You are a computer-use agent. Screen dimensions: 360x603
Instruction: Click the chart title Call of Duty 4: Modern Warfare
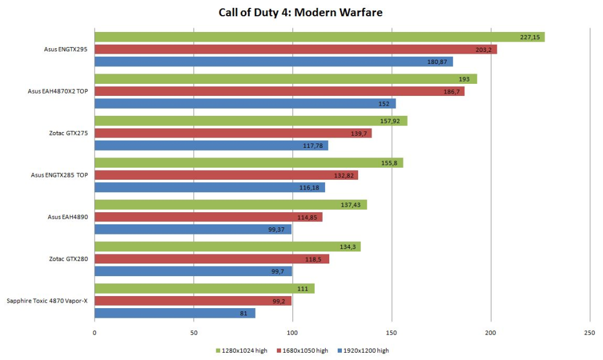300,11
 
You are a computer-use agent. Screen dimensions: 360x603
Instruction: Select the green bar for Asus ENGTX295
320,37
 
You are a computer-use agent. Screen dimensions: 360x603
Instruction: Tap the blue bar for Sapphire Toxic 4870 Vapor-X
175,313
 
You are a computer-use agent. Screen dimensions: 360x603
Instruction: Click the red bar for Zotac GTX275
233,133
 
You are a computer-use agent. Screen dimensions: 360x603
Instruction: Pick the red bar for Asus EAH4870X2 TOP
279,91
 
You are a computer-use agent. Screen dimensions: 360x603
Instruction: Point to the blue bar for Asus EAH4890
193,229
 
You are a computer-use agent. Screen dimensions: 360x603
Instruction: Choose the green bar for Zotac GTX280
227,247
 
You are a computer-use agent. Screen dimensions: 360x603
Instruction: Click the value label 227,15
529,37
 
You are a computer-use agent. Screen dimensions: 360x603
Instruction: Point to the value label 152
384,104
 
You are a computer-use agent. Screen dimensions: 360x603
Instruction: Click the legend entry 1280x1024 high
241,350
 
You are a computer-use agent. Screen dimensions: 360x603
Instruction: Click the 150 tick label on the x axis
392,332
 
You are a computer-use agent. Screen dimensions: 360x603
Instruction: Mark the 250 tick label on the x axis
590,332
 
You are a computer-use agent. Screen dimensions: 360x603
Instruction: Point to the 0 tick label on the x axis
95,332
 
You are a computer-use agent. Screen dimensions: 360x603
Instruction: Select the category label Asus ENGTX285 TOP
59,175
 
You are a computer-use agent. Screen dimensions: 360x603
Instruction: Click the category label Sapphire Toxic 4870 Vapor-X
47,300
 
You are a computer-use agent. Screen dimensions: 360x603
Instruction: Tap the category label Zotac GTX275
69,133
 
